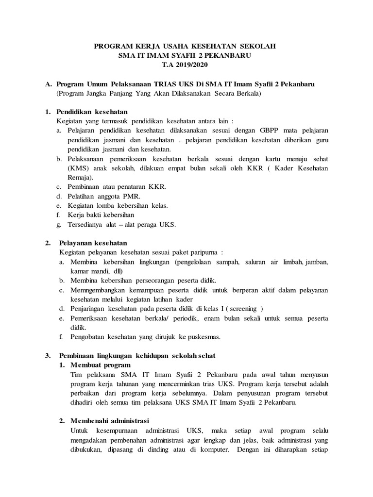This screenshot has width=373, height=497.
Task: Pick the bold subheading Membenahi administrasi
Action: tap(110, 420)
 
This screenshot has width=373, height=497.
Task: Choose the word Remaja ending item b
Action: tap(79, 178)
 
